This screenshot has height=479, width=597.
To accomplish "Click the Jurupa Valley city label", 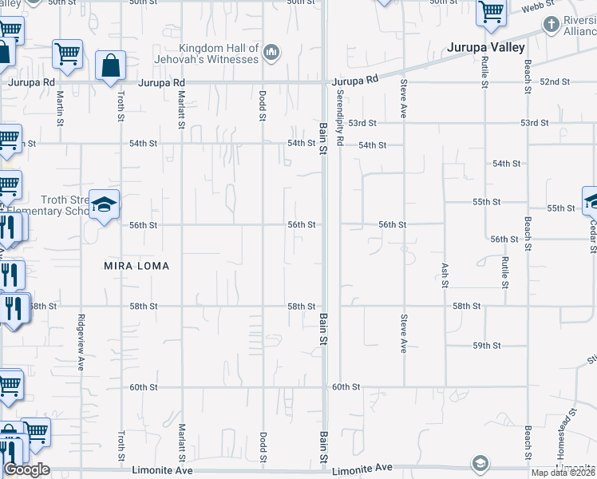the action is (486, 48).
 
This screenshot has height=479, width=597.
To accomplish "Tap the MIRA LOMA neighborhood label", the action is (136, 266).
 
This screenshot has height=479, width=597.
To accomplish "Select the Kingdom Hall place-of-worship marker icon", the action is (271, 53).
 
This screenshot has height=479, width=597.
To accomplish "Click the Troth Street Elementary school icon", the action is (104, 206).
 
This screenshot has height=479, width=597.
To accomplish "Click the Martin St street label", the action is (61, 107).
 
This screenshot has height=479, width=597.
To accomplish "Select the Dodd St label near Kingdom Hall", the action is (262, 105).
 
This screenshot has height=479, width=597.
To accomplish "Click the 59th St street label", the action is (486, 346).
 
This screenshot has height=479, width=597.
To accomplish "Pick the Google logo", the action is (26, 469).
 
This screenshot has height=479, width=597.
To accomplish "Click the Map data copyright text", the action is (562, 473).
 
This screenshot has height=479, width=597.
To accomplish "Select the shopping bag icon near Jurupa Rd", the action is (110, 66).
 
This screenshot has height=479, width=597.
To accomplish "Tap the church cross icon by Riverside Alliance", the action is (551, 25).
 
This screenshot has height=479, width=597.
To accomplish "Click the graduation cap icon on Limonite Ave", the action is (480, 464).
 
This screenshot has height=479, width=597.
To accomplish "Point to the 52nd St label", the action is (555, 82).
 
